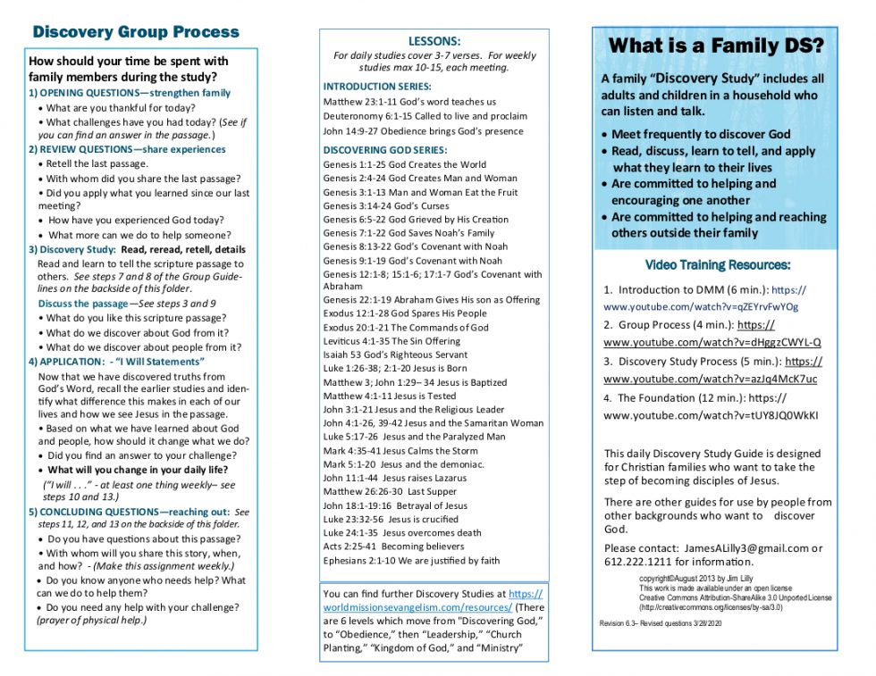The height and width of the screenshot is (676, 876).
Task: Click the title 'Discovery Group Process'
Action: click(x=136, y=32)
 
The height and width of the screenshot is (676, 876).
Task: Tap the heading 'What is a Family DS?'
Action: click(x=716, y=46)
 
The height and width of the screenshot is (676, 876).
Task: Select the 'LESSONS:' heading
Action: click(x=434, y=41)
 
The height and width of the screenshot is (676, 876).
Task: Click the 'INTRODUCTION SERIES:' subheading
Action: click(x=377, y=87)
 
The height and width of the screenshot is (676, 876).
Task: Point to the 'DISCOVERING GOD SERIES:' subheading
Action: click(x=384, y=150)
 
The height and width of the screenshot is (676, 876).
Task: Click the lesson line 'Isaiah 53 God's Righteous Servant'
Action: click(x=395, y=355)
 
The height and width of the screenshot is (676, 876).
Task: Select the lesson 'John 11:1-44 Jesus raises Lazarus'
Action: click(x=394, y=478)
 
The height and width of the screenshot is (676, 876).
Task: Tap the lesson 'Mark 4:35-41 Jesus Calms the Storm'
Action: click(x=400, y=451)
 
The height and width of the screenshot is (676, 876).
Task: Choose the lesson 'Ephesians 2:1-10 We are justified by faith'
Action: click(x=411, y=561)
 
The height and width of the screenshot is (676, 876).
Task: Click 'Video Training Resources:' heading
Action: click(x=718, y=265)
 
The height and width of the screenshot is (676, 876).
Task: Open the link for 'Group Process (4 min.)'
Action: click(x=712, y=342)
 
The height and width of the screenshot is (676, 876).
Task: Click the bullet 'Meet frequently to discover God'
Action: click(x=701, y=134)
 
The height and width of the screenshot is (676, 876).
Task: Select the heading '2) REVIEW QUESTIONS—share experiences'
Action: click(x=127, y=149)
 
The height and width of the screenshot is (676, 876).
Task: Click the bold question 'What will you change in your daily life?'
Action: click(x=138, y=470)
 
